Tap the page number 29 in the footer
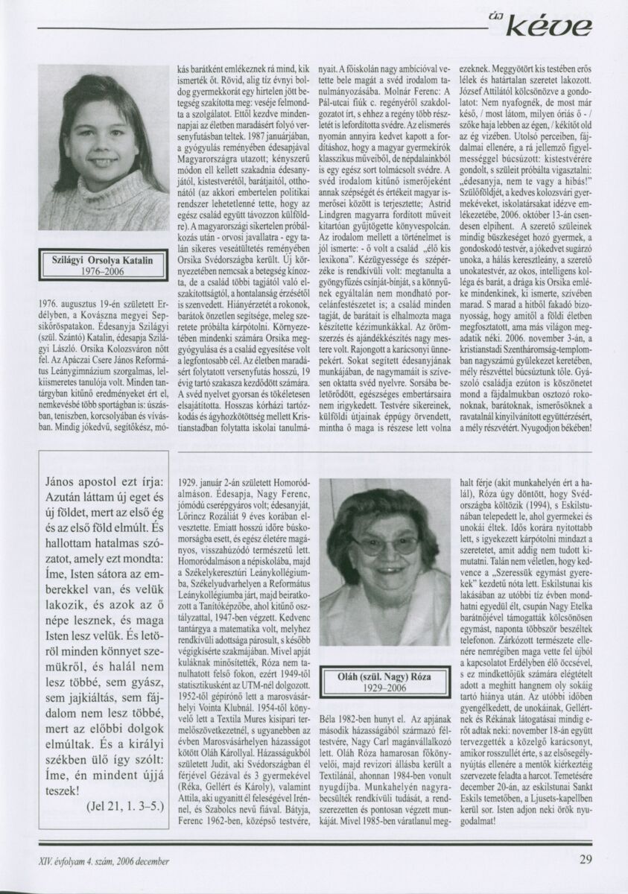click(586, 859)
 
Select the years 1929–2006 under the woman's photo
click(379, 688)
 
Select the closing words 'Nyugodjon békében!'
click(551, 429)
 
